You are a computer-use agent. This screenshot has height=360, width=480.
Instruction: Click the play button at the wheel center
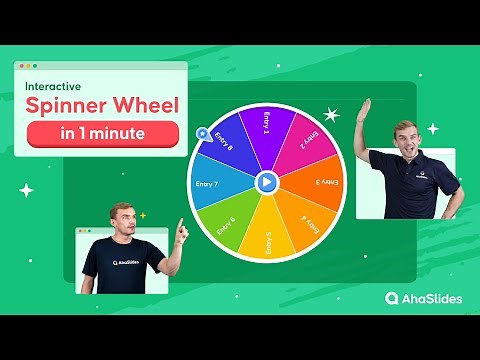coord(266,182)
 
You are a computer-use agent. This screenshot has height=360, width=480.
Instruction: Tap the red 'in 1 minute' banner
coord(103,134)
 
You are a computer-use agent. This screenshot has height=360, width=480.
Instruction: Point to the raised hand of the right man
coord(364,108)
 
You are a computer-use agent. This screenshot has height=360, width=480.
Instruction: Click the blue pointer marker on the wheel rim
coord(203,132)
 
